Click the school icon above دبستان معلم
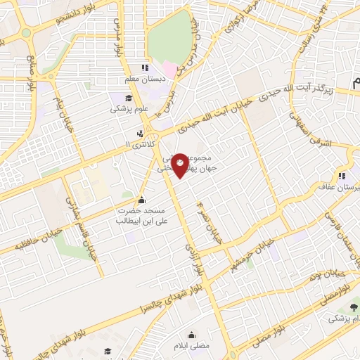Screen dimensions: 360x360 coord(145,67)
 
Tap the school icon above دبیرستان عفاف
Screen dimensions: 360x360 coord(342,176)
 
